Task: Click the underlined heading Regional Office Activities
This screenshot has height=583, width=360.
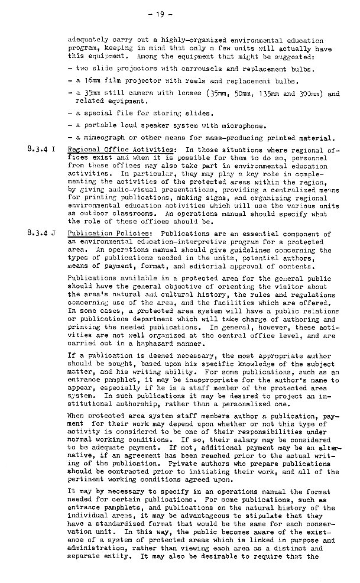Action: pos(121,150)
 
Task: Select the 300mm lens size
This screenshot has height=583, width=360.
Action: pos(305,93)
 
